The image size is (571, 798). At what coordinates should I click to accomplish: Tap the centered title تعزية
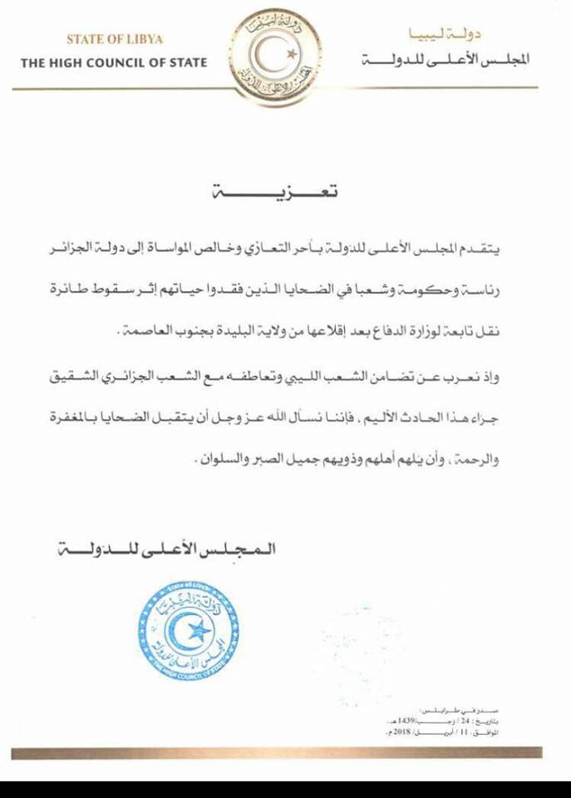[285, 193]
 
